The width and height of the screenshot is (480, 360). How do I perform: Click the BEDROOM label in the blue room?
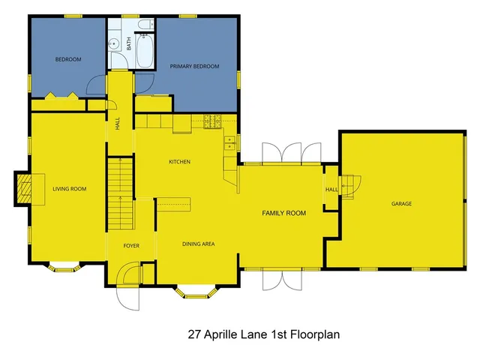click(68, 59)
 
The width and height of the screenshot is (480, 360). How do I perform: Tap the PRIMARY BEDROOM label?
click(194, 67)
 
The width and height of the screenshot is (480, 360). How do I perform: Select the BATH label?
click(128, 45)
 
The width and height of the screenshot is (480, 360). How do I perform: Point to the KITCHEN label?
click(179, 162)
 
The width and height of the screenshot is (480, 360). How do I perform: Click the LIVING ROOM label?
click(69, 189)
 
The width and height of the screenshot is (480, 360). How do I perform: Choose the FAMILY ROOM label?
click(283, 214)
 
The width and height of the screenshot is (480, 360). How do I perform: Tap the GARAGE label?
click(401, 204)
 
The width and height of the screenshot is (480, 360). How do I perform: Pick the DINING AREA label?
click(199, 244)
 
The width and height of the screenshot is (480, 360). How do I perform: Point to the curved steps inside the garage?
click(351, 183)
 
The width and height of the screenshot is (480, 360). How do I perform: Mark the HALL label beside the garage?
click(331, 189)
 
